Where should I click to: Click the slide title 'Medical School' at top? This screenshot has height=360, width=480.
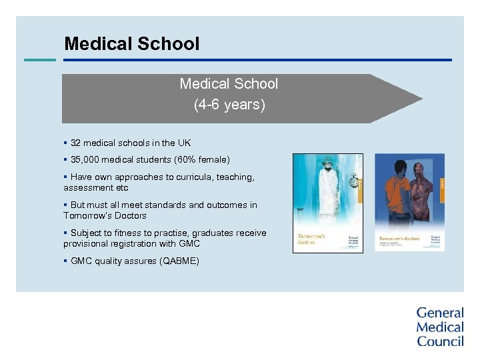pyautogui.click(x=131, y=44)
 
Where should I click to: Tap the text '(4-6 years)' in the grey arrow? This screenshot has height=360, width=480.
pyautogui.click(x=229, y=105)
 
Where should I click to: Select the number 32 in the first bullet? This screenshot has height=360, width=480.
pyautogui.click(x=76, y=143)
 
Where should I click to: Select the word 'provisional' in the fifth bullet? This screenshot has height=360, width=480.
pyautogui.click(x=87, y=244)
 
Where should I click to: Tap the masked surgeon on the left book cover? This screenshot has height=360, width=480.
pyautogui.click(x=329, y=190)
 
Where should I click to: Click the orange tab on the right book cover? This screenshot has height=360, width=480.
pyautogui.click(x=442, y=180)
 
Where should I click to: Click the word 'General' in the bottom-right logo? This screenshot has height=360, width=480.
pyautogui.click(x=439, y=313)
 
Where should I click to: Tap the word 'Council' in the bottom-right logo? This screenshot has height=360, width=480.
pyautogui.click(x=440, y=341)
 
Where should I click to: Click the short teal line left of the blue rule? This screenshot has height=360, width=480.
pyautogui.click(x=39, y=60)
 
